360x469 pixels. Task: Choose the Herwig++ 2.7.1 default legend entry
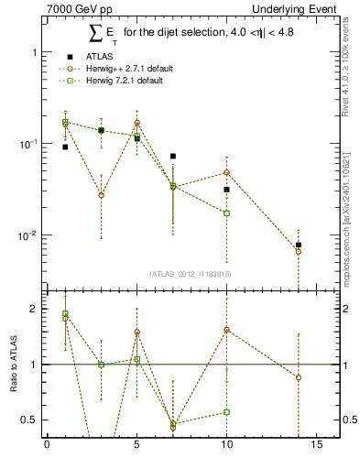(120, 68)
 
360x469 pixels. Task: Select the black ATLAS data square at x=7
(172, 157)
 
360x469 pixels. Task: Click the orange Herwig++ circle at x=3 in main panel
(101, 195)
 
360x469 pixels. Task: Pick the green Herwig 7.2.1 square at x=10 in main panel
(226, 213)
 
